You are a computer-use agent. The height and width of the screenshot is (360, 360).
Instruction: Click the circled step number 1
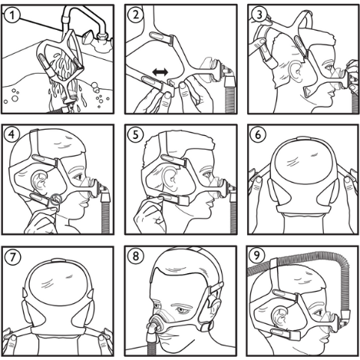12,15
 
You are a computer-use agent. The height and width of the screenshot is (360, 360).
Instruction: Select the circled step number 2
135,15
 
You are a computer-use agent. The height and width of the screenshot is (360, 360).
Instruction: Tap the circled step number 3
259,15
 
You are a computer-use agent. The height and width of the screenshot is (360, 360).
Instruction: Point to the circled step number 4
12,134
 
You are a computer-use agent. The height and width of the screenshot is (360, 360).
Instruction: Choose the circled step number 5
135,134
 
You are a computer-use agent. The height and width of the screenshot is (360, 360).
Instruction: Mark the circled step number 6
259,134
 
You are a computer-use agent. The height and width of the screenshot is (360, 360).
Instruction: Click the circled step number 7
12,257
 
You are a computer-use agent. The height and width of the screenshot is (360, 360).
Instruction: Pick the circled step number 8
135,256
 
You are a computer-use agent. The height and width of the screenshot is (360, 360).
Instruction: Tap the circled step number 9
257,256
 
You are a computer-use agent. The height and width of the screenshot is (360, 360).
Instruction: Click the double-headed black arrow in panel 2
160,72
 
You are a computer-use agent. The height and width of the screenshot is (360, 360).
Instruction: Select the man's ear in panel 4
39,181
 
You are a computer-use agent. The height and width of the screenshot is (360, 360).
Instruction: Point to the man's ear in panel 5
167,177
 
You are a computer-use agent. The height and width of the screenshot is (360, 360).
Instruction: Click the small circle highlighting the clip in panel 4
55,200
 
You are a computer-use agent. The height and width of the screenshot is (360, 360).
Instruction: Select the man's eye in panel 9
318,312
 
